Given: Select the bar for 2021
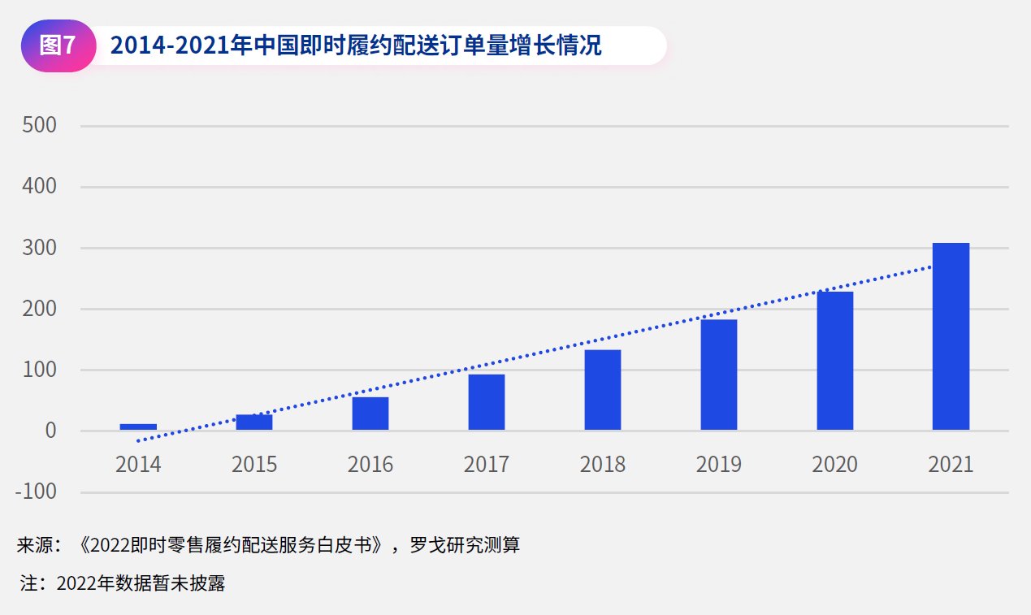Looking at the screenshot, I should coord(951,336).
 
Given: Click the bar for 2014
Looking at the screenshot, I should coord(138,427).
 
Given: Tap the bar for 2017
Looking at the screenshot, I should coord(486,402).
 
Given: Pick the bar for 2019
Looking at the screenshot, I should coord(719,375).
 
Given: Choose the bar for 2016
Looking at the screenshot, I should coord(370,414).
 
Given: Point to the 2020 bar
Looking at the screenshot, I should coord(835,361).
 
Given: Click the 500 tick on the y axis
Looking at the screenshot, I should coord(39,126).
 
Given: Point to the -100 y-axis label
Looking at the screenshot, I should coord(36,492).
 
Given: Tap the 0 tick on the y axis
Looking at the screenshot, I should coord(50,431).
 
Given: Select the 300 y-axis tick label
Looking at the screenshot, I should coord(39,248).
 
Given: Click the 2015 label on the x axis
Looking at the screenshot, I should coord(254,465).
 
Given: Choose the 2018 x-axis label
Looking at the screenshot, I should coord(603,465).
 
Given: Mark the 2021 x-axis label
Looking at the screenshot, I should coord(951,465).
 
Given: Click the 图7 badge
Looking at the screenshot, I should coord(58,46).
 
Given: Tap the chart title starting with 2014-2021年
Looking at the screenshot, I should coord(356,46).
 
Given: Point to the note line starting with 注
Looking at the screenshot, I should coord(122,583).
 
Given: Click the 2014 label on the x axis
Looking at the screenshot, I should coord(138,465).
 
